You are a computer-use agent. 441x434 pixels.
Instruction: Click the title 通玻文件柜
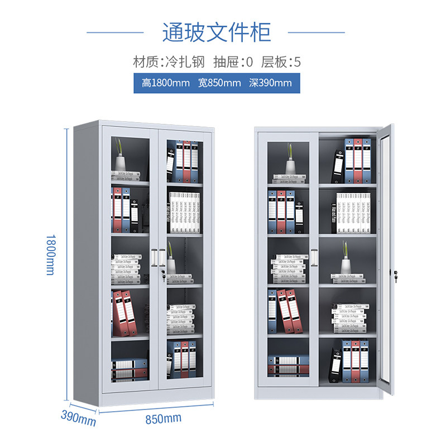(x=216, y=32)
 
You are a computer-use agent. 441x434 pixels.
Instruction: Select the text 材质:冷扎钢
(x=169, y=62)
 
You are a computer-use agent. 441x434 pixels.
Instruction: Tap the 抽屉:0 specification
(x=233, y=62)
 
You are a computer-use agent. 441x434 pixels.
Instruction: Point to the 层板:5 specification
(x=281, y=62)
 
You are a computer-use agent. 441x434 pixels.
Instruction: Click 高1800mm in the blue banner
(x=166, y=83)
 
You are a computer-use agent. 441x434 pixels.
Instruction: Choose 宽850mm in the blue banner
(x=219, y=83)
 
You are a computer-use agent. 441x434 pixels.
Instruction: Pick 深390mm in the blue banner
(x=270, y=83)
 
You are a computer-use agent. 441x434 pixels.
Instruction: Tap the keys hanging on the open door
(x=396, y=274)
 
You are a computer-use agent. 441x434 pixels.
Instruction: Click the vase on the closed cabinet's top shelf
(x=121, y=162)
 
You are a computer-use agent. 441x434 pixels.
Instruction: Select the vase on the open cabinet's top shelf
(x=290, y=166)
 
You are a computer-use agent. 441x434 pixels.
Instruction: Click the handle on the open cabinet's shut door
(x=314, y=257)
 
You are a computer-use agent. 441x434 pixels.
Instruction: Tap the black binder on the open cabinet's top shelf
(x=338, y=166)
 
